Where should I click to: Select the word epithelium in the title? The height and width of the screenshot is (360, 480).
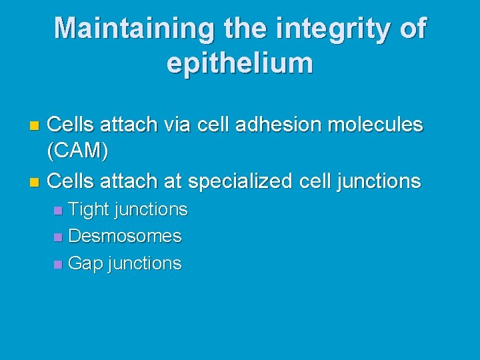[x=240, y=63]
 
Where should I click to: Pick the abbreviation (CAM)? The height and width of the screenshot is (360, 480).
[x=78, y=152]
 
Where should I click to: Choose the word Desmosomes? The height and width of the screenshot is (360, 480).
[x=125, y=236]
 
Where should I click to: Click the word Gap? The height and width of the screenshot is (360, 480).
[x=85, y=263]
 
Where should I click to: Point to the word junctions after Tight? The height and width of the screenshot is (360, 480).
[x=151, y=209]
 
